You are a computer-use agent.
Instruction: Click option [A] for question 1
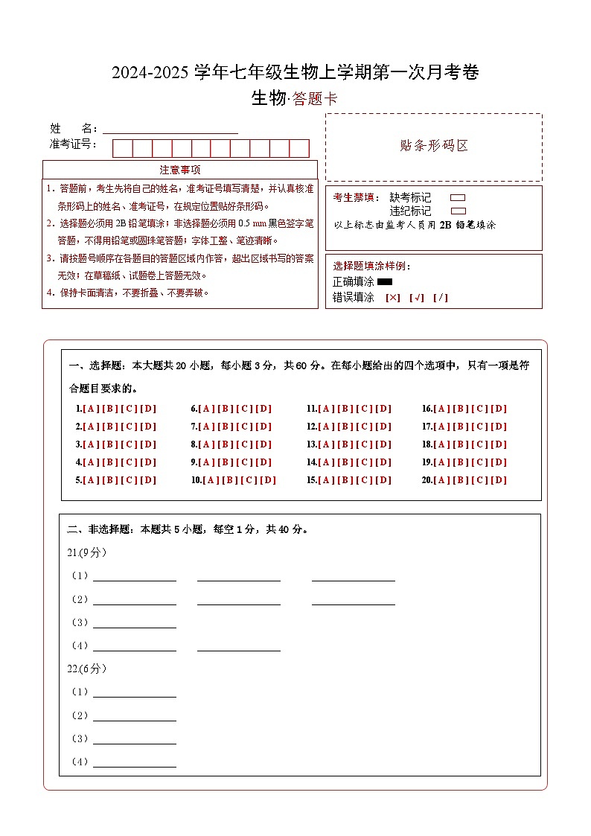tap(90, 409)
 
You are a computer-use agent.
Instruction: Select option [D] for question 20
tap(499, 480)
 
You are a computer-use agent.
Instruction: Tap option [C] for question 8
tap(244, 444)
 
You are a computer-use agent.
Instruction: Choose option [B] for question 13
tap(344, 444)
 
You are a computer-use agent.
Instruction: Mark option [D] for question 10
tap(268, 480)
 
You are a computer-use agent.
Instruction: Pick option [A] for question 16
tap(441, 409)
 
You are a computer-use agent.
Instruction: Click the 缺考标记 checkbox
tap(458, 198)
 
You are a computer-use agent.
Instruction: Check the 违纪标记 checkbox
tap(458, 211)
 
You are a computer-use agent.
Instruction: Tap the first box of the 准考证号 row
tap(122, 148)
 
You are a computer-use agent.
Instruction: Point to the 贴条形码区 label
tap(434, 146)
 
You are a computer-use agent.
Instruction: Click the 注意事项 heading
tap(180, 170)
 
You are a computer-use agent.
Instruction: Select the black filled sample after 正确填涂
tap(385, 282)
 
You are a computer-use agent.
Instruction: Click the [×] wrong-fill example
tap(393, 298)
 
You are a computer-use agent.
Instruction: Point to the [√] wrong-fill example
tap(417, 298)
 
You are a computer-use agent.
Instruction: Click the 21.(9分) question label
tap(88, 552)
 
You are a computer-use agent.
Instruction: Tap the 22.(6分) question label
tap(88, 669)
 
